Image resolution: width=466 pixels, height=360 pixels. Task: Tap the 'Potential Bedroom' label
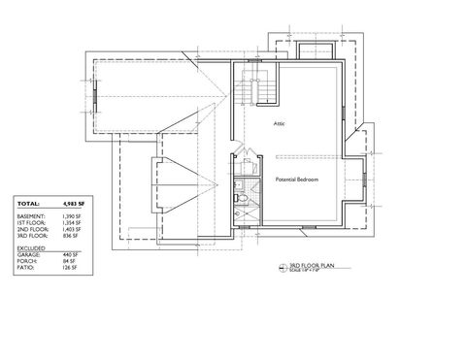297,180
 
